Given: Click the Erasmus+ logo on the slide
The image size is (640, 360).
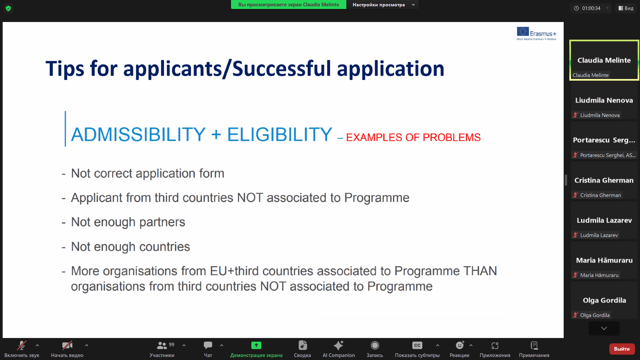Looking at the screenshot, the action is [536, 34].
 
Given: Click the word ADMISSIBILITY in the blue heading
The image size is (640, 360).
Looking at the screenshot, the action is [138, 134].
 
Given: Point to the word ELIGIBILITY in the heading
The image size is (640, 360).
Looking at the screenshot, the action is [280, 134].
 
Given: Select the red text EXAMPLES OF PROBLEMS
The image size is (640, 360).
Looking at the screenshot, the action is [413, 137].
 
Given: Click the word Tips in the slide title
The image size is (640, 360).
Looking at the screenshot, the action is [65, 69].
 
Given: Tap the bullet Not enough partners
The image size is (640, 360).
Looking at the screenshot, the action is [128, 222].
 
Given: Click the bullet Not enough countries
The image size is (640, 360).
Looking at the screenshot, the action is [130, 247].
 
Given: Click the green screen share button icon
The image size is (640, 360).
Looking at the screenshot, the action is [256, 345].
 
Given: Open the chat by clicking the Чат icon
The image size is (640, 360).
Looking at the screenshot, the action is [208, 345].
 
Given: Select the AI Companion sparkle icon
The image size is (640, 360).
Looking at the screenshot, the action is [339, 345].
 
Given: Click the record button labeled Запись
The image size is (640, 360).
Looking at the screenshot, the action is [375, 345].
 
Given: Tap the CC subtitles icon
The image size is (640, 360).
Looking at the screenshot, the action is [417, 345].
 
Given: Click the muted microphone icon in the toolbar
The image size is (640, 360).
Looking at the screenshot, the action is [22, 345].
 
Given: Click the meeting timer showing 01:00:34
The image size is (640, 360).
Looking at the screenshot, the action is [591, 8].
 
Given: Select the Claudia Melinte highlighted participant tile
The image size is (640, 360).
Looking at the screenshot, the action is [604, 60].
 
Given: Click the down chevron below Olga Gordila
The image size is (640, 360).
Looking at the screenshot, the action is [604, 328].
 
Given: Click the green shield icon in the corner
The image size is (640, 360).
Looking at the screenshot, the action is [8, 8].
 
